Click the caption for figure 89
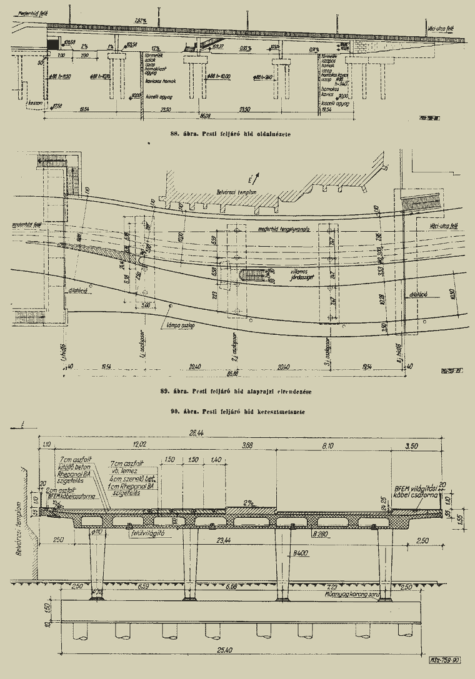(236, 392)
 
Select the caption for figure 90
(236, 412)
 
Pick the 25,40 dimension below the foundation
(239, 650)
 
